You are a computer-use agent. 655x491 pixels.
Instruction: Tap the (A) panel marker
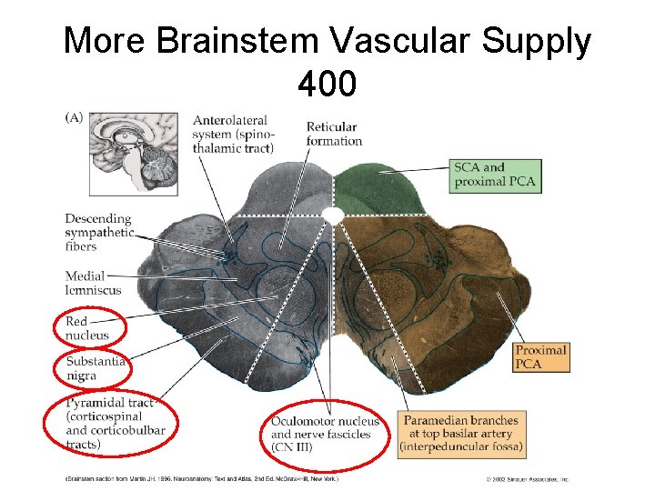click(73, 116)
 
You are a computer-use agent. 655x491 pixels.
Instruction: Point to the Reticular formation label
click(334, 134)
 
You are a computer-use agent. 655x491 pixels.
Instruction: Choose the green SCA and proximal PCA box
click(496, 175)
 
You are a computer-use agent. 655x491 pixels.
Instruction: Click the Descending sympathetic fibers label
click(99, 232)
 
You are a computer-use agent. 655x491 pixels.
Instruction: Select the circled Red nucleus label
click(87, 328)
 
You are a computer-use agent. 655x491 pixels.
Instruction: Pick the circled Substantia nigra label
click(95, 369)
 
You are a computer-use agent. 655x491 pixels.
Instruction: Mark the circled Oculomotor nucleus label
click(325, 434)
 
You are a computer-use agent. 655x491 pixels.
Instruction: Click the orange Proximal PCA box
click(541, 356)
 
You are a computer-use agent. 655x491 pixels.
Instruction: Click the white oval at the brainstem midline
click(334, 215)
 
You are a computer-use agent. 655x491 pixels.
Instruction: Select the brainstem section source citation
click(200, 478)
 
